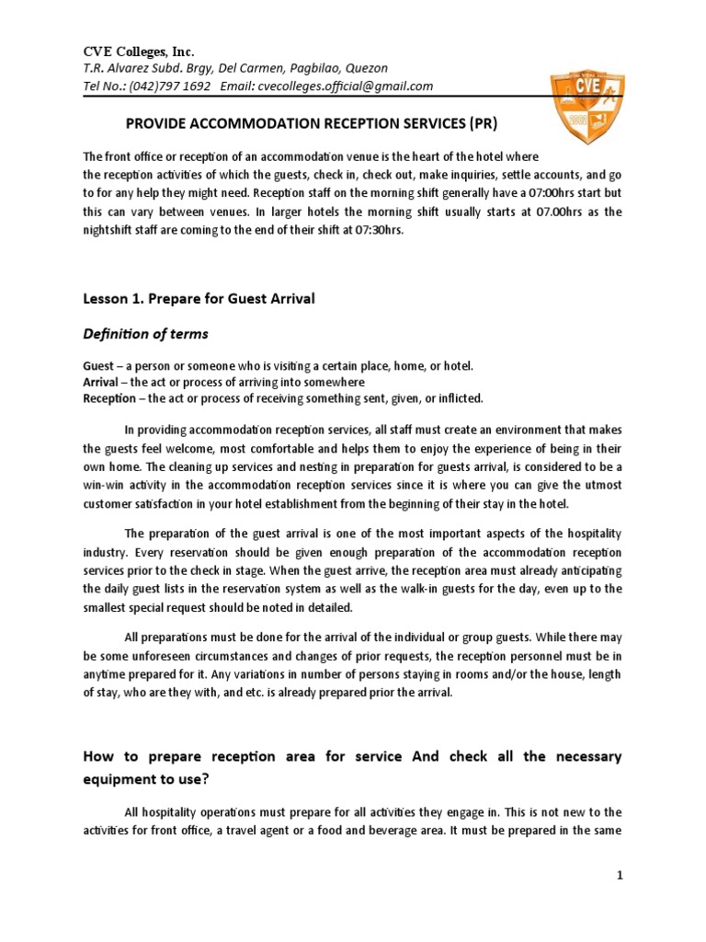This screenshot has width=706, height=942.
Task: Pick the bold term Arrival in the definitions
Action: pos(100,382)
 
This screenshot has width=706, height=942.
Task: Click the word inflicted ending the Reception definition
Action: pos(450,397)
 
